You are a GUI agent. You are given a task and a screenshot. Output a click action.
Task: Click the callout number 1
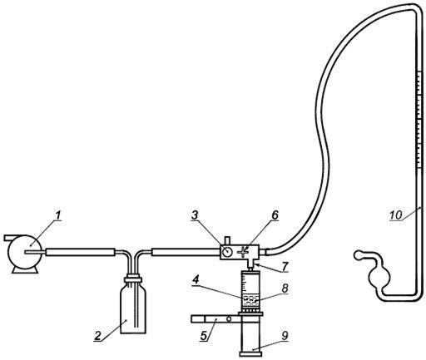point(57,215)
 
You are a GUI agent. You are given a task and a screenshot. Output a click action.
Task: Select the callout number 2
point(97,336)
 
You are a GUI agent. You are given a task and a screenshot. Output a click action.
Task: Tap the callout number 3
point(195,215)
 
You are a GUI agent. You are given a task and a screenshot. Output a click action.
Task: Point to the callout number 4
point(196,280)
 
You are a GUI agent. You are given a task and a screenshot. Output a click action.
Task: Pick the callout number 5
point(203,336)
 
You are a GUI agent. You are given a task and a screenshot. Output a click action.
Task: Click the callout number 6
point(275,215)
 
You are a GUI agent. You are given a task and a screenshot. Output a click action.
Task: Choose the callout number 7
point(285,266)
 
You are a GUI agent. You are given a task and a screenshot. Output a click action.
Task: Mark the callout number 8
point(285,288)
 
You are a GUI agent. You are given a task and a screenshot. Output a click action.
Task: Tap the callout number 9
point(285,336)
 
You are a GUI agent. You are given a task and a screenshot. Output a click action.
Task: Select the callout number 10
point(396,215)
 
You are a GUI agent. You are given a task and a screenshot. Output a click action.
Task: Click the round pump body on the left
point(24,252)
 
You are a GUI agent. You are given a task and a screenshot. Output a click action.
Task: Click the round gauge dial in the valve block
point(227,252)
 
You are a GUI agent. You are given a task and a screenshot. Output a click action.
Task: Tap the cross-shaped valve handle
point(243,252)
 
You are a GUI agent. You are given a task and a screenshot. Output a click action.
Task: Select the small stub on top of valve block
point(227,241)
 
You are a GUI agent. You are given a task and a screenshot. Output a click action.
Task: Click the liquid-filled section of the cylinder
point(250,301)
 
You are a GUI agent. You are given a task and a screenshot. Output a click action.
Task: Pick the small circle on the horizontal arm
point(229,319)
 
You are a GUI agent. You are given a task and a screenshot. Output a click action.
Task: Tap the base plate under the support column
point(250,354)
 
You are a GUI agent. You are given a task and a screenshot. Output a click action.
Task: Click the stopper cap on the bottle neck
point(133,279)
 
